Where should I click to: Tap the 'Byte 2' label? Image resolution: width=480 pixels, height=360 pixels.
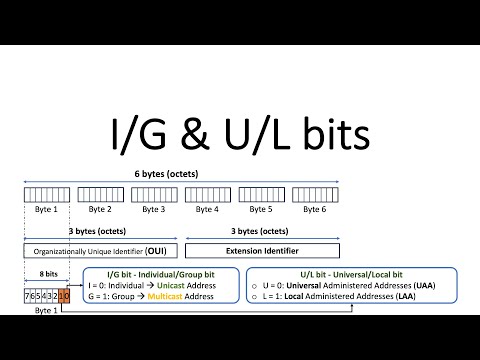pos(100,210)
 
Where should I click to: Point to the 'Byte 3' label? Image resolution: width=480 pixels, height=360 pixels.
pos(153,210)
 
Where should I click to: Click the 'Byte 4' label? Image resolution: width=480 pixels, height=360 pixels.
pos(207,210)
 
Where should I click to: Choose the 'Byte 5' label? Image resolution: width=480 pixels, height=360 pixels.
pos(260,210)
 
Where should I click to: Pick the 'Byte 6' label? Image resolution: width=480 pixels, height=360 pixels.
pos(314,210)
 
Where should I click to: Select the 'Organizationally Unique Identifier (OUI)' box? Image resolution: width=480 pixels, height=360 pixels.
pos(100,247)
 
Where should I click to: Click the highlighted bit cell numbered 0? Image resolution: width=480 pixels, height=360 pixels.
pos(66,297)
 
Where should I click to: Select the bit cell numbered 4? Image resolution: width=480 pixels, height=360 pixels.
pos(43,297)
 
